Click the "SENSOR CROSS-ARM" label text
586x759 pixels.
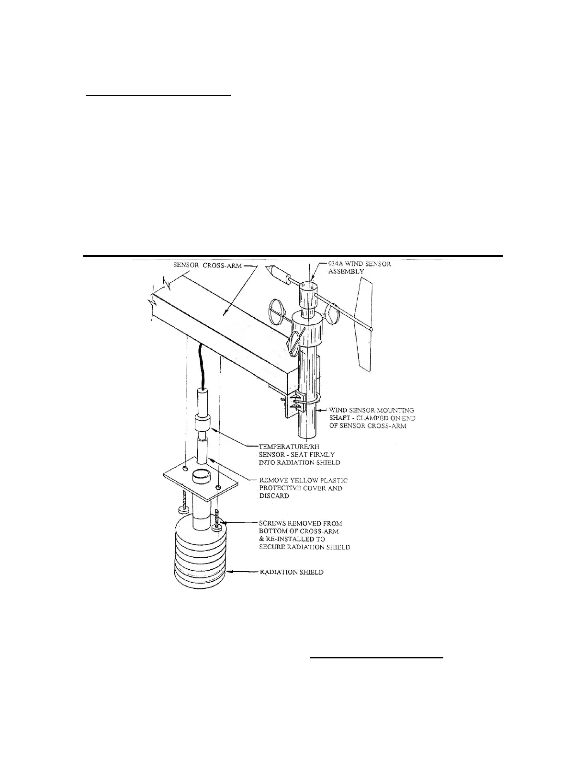click(x=207, y=265)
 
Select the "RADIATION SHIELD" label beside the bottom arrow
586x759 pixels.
click(x=291, y=572)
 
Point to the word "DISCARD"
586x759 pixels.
click(x=274, y=496)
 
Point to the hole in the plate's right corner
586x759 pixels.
click(x=219, y=487)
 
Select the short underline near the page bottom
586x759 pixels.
click(x=377, y=658)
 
